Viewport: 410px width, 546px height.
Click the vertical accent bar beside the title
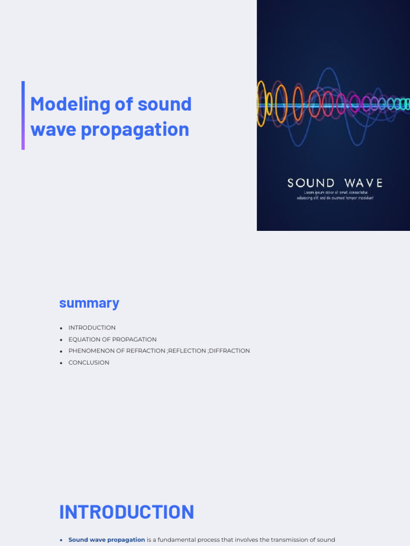click(x=23, y=115)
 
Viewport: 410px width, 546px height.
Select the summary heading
click(x=89, y=303)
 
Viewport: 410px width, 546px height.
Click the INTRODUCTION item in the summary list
click(x=92, y=328)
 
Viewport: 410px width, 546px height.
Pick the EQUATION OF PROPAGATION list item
click(x=112, y=340)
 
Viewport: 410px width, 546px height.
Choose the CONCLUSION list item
click(x=89, y=363)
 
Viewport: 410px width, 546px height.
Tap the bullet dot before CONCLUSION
click(x=61, y=363)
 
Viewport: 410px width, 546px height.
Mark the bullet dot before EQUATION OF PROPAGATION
click(x=61, y=340)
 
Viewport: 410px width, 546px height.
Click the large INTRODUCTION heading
click(x=127, y=512)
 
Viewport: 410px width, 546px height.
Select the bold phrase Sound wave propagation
click(x=107, y=540)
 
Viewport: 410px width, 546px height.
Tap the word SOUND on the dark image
click(x=311, y=183)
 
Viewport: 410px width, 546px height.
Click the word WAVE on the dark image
click(x=365, y=183)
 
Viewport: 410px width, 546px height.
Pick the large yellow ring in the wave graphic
click(x=261, y=103)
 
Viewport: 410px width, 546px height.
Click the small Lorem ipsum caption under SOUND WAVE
click(x=335, y=195)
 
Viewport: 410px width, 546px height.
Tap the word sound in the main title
click(x=164, y=104)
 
